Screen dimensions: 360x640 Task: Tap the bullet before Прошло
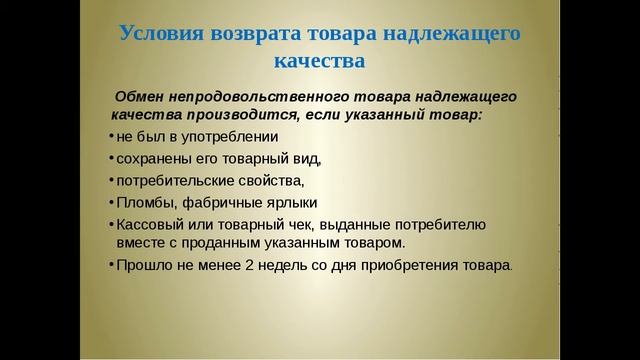coord(110,265)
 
